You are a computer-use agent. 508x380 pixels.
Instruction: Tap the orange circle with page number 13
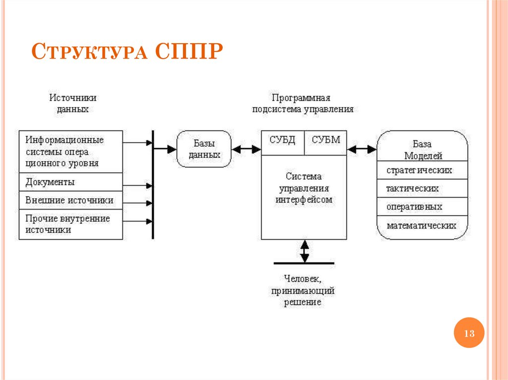pyautogui.click(x=469, y=333)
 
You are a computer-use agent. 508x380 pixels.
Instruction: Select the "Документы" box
pyautogui.click(x=70, y=182)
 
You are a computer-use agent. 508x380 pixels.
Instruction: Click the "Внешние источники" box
pyautogui.click(x=70, y=200)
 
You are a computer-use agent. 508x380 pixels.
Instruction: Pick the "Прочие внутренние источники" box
pyautogui.click(x=70, y=224)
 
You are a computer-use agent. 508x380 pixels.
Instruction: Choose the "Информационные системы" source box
pyautogui.click(x=70, y=151)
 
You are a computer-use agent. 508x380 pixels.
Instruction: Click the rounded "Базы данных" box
pyautogui.click(x=204, y=149)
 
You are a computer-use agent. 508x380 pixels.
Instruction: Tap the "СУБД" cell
pyautogui.click(x=282, y=140)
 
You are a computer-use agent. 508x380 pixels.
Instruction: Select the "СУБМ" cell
pyautogui.click(x=325, y=140)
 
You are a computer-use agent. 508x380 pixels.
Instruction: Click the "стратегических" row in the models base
pyautogui.click(x=421, y=170)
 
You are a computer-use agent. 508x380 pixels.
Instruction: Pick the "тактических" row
pyautogui.click(x=421, y=188)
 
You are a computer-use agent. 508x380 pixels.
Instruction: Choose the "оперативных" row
pyautogui.click(x=421, y=207)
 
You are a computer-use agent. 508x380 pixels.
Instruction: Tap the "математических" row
pyautogui.click(x=421, y=225)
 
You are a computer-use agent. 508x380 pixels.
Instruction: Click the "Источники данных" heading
pyautogui.click(x=72, y=104)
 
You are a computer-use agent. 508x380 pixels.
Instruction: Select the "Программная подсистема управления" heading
pyautogui.click(x=303, y=104)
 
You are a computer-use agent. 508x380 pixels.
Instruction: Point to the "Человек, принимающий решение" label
pyautogui.click(x=303, y=290)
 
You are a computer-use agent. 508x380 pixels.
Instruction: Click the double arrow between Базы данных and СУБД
pyautogui.click(x=246, y=149)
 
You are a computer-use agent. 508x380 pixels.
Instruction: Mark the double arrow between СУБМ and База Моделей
pyautogui.click(x=362, y=149)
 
